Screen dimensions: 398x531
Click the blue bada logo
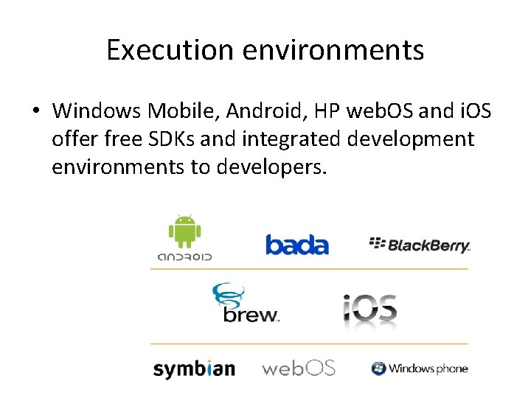pos(296,245)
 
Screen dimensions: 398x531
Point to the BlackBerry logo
pos(419,245)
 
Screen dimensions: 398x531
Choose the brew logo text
pos(251,313)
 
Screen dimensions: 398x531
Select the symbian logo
pos(194,368)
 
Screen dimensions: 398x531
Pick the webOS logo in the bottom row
pos(299,367)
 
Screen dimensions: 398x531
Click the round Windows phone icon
pos(378,368)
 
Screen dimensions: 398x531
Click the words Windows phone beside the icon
pos(428,368)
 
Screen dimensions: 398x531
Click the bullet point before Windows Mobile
pos(35,111)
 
